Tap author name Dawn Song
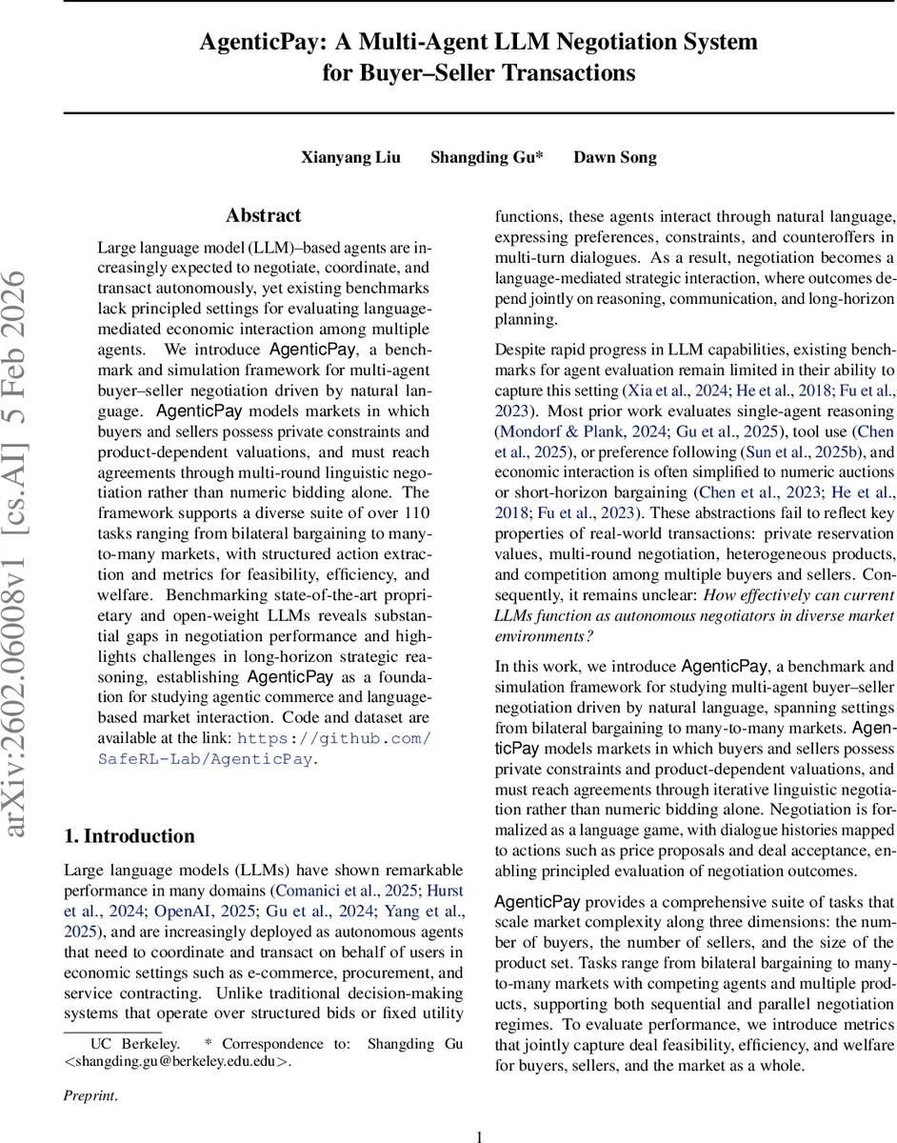pos(614,158)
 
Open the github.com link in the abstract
pos(333,739)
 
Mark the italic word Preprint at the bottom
pos(90,1095)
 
